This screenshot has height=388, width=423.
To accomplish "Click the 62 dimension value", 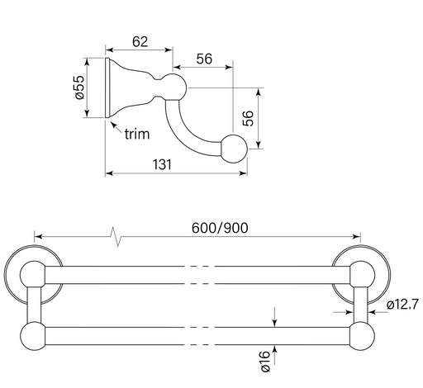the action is (140, 42).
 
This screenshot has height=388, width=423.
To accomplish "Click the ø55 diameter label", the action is (79, 88).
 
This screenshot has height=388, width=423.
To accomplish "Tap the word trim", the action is (137, 135).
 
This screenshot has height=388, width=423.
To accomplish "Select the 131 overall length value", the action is (162, 164).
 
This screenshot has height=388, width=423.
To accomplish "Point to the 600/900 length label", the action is (220, 228).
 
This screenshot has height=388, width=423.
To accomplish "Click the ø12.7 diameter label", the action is (402, 305).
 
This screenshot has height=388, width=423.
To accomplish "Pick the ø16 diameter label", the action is (266, 362).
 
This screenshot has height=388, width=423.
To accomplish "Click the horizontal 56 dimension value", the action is (204, 59).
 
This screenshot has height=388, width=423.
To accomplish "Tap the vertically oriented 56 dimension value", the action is (248, 118).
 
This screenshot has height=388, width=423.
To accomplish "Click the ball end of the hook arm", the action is (234, 149).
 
